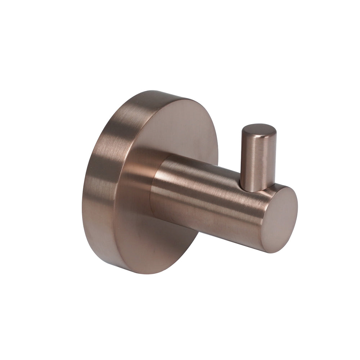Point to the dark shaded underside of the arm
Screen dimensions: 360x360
(209, 230)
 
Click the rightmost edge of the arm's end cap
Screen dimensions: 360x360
(297, 212)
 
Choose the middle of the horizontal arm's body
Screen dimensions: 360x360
(209, 202)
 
